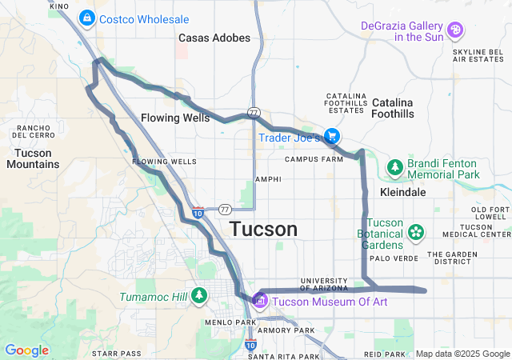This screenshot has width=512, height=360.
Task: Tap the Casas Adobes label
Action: pos(214,38)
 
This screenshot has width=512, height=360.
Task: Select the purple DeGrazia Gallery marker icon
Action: pos(455,30)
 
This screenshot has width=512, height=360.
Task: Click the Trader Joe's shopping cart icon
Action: pos(331,137)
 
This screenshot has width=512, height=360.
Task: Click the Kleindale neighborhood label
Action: pos(402,193)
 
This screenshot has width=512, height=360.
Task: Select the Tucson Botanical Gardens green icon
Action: pos(416,232)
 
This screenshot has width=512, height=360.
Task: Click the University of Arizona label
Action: pos(324,283)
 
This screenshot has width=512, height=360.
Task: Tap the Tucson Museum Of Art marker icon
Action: pos(259,301)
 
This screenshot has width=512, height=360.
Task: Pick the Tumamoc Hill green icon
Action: pos(198,297)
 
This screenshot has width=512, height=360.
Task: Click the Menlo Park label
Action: pos(230,323)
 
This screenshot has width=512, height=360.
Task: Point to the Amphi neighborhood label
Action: pos(268,179)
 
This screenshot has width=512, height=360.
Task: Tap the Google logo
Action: pos(26,350)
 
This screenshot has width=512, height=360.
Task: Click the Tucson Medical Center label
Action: pos(487,230)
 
